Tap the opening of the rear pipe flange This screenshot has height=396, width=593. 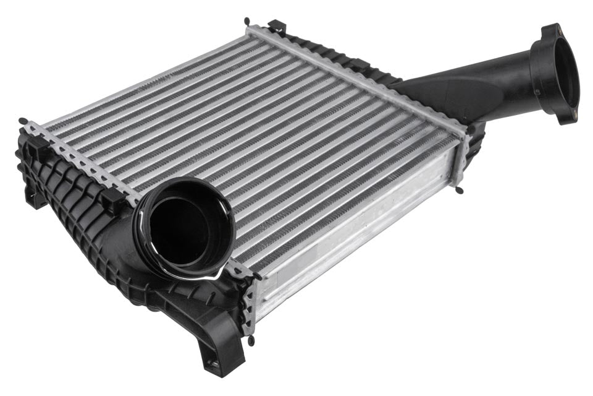click(x=564, y=74)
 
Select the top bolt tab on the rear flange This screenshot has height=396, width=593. click(x=549, y=31)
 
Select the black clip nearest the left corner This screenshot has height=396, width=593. click(x=37, y=146)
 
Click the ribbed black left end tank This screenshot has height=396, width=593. click(x=74, y=204)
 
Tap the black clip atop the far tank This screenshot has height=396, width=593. click(x=277, y=26)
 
